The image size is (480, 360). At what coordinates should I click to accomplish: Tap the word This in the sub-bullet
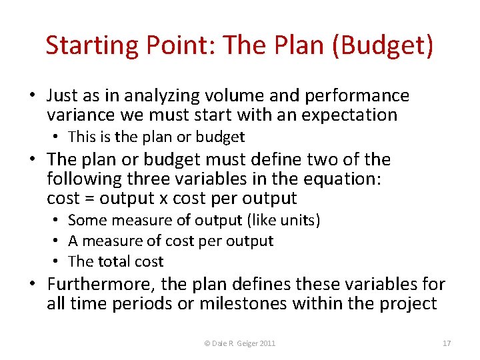pos(82,137)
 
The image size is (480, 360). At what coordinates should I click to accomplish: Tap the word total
pos(113,261)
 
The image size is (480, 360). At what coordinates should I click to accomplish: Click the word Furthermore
pos(101,285)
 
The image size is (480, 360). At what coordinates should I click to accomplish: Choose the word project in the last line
pos(409,304)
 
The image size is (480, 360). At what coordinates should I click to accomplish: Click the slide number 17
pos(447,343)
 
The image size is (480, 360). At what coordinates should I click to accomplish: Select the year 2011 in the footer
pos(267,343)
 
